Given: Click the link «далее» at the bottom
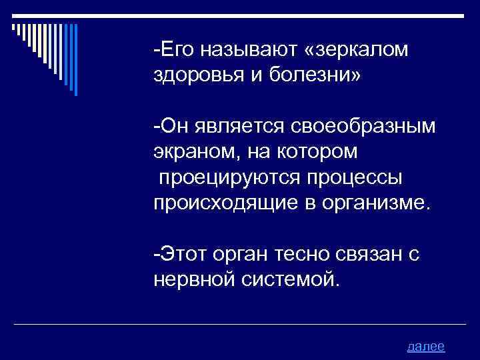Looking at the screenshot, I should (x=425, y=346).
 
